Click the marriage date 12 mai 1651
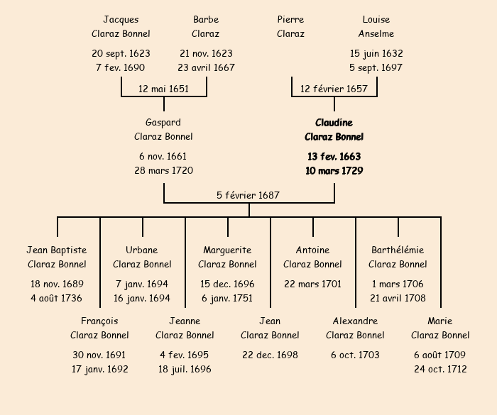[x=163, y=89]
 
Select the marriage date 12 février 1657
[x=334, y=89]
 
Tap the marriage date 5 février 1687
[x=248, y=195]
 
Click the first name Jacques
[x=121, y=19]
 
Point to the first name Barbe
[x=206, y=19]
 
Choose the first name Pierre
[x=290, y=19]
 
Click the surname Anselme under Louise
[x=376, y=33]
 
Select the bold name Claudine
[x=334, y=123]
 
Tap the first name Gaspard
[x=163, y=123]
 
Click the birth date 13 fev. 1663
[x=334, y=156]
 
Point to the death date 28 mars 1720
[x=163, y=170]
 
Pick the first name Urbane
[x=142, y=250]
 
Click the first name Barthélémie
[x=398, y=250]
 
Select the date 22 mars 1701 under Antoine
[x=312, y=284]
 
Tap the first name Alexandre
[x=355, y=321]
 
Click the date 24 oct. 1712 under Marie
[x=440, y=369]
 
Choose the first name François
[x=99, y=321]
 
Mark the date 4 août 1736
[x=57, y=298]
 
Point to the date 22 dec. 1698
[x=270, y=355]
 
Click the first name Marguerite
[x=227, y=250]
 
